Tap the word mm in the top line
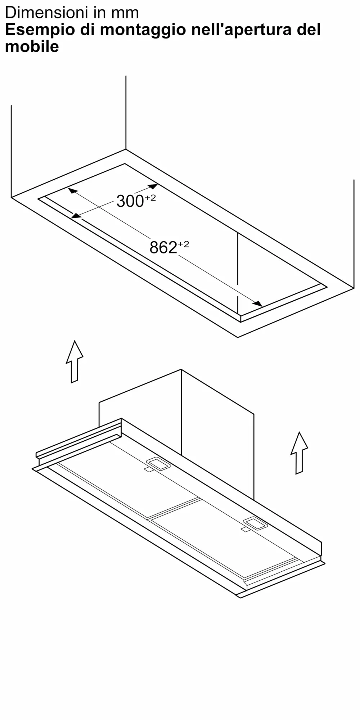pyautogui.click(x=125, y=13)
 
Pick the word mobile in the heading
pyautogui.click(x=32, y=47)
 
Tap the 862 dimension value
pyautogui.click(x=163, y=248)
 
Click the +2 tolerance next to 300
pyautogui.click(x=150, y=198)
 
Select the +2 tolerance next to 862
pyautogui.click(x=184, y=244)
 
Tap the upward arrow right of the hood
pyautogui.click(x=299, y=453)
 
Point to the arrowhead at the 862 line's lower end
pyautogui.click(x=258, y=304)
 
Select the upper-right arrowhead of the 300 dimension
pyautogui.click(x=153, y=186)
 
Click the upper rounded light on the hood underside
pyautogui.click(x=158, y=464)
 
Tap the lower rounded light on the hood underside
pyautogui.click(x=255, y=523)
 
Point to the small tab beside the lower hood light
pyautogui.click(x=245, y=529)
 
